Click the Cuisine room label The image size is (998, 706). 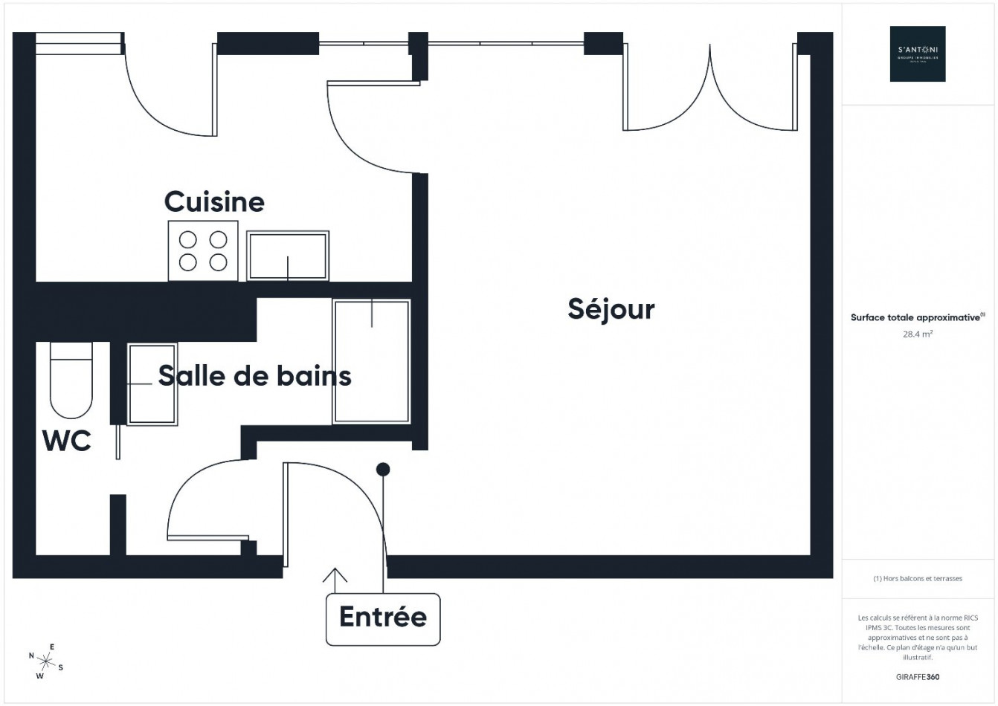(x=214, y=201)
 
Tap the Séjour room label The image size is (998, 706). (x=611, y=308)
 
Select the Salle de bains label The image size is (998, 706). (x=254, y=375)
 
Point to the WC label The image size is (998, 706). (x=66, y=441)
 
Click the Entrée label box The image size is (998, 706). (x=383, y=618)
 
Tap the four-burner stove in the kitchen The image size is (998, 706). (x=203, y=251)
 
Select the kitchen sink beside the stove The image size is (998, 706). (x=288, y=256)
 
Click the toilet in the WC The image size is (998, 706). (x=71, y=380)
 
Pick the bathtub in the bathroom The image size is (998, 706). (x=371, y=361)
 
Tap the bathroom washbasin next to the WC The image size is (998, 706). (x=152, y=383)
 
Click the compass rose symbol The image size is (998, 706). (x=47, y=661)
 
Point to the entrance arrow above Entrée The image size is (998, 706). (x=335, y=578)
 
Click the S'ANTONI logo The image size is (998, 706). (x=918, y=54)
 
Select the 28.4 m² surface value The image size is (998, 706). (x=918, y=334)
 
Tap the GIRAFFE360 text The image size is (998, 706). (x=918, y=677)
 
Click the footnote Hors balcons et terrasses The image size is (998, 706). (x=918, y=578)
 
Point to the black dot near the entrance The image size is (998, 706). (x=383, y=470)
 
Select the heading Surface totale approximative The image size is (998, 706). (x=916, y=317)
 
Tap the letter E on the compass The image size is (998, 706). (x=51, y=647)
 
